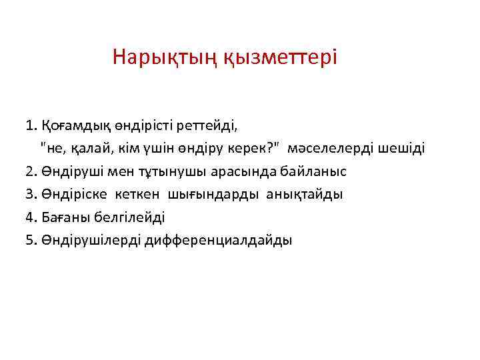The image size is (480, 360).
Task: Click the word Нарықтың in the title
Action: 155,57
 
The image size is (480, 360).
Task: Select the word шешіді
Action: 401,148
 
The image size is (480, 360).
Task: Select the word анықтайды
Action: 305,195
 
